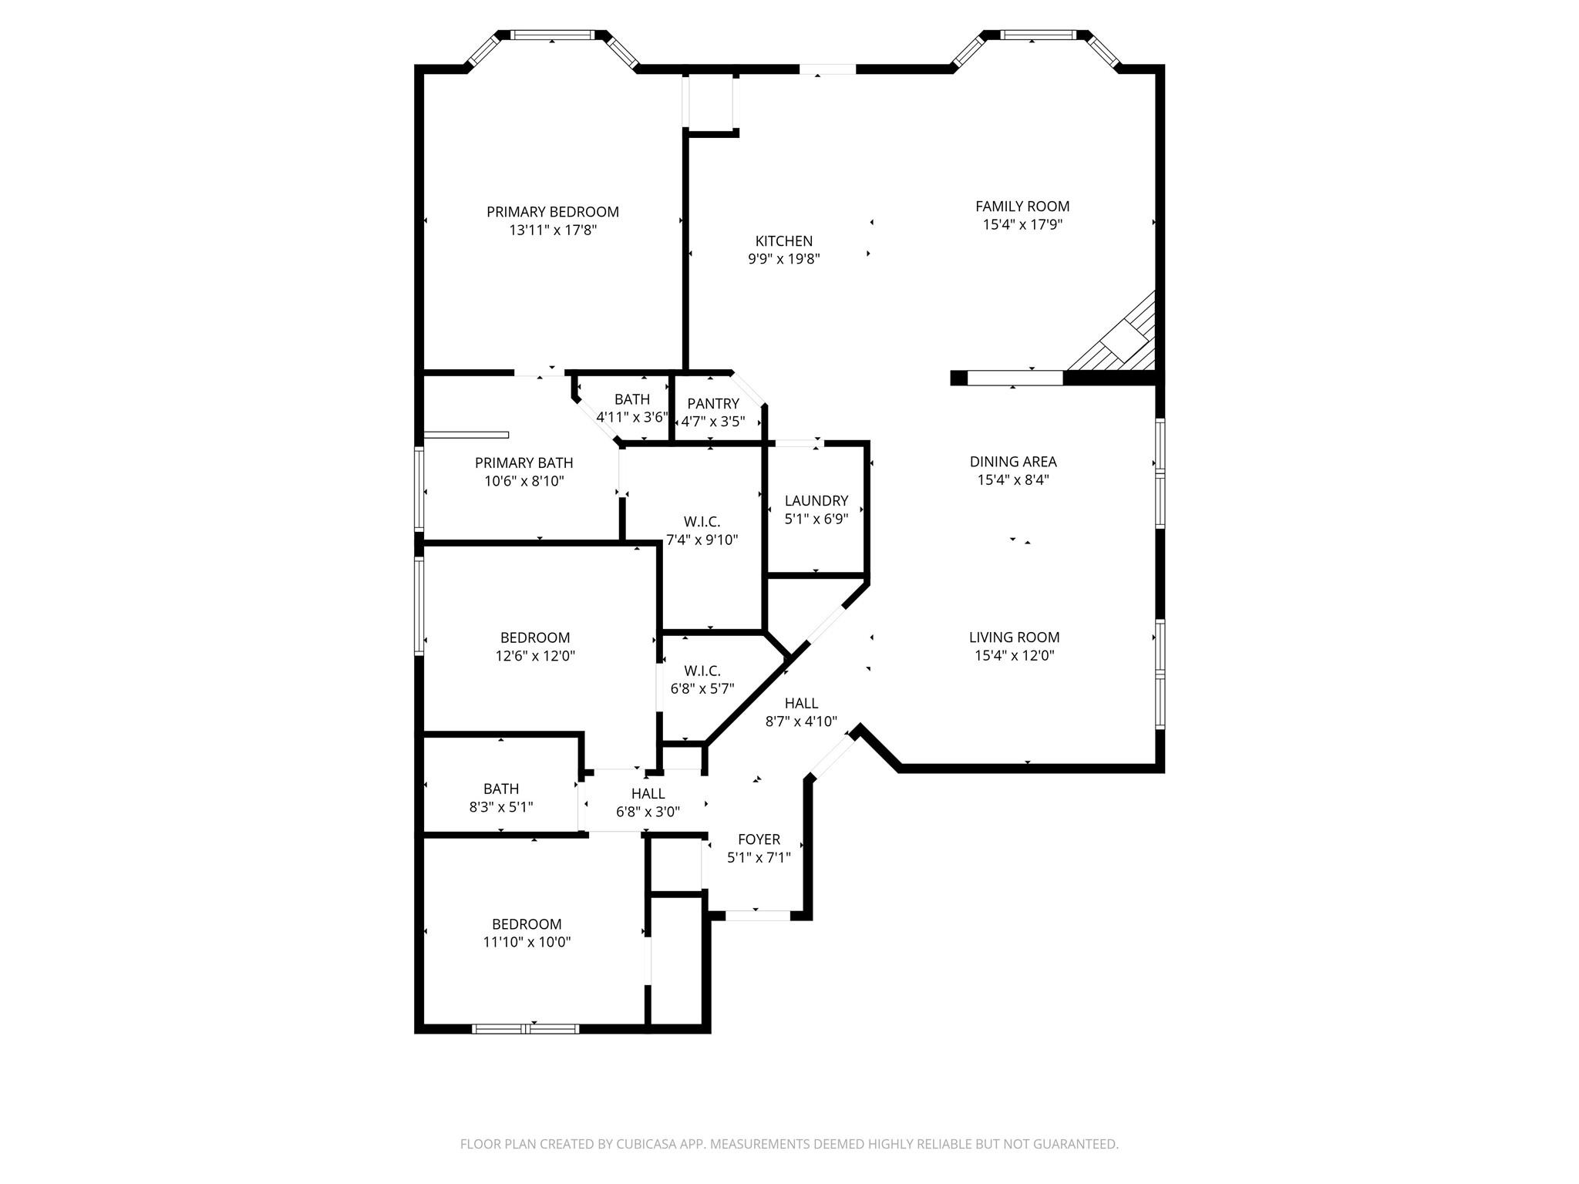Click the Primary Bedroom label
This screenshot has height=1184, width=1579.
click(x=552, y=212)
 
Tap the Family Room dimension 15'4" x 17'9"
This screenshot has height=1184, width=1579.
click(x=1022, y=225)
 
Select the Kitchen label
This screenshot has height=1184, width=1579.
click(x=783, y=241)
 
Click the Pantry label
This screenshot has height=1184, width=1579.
click(x=713, y=404)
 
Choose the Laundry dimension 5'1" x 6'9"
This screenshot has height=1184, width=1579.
click(x=816, y=520)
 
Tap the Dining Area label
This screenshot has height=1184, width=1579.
click(x=1013, y=462)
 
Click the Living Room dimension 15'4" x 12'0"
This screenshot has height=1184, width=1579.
click(x=1014, y=656)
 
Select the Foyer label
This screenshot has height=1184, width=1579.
click(x=759, y=839)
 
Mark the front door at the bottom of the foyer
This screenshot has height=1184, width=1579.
click(x=757, y=916)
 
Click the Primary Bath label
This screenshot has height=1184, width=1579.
click(x=524, y=463)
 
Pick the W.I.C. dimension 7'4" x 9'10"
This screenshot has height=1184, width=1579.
click(x=702, y=540)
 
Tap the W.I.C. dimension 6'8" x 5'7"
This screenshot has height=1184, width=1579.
click(x=702, y=689)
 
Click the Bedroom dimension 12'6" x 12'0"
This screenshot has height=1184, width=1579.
click(x=535, y=657)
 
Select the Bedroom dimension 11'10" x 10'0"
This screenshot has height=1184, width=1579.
click(x=527, y=942)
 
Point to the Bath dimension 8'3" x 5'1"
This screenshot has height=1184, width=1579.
click(x=501, y=807)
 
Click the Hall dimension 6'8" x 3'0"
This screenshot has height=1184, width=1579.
click(x=648, y=812)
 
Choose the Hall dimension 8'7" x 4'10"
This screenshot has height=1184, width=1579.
click(x=801, y=721)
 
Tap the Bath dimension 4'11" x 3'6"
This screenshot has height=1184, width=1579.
click(x=631, y=418)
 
